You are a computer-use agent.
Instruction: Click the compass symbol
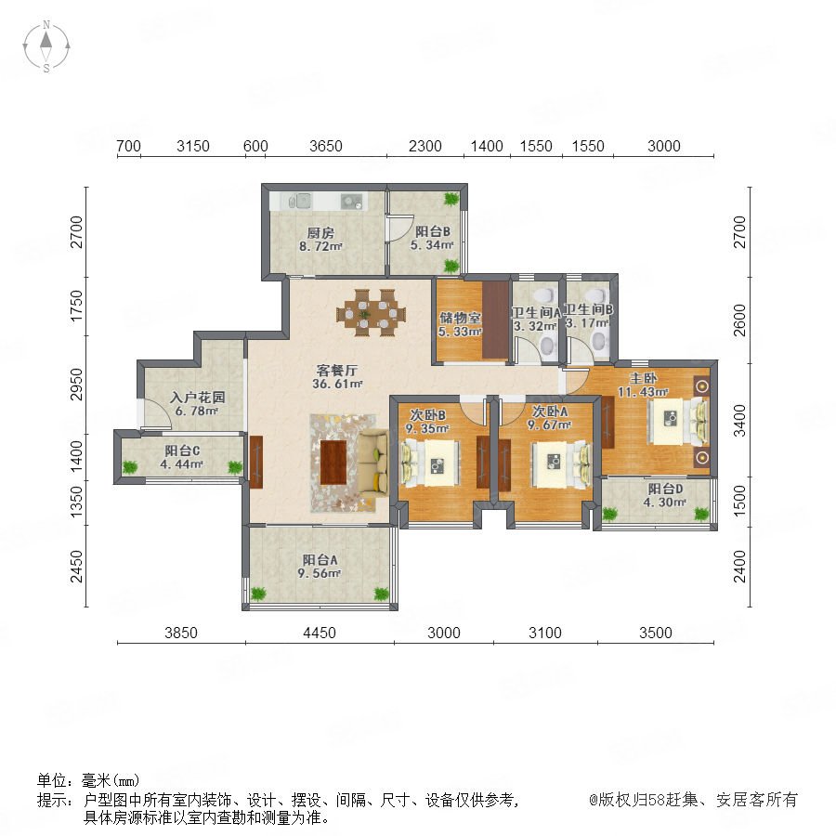[x=46, y=46]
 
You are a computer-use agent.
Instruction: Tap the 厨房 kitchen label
[x=320, y=233]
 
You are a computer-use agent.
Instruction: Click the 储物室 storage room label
[x=460, y=318]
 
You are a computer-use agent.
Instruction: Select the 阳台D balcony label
[x=665, y=489]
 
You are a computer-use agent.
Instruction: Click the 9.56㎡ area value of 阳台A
[x=319, y=574]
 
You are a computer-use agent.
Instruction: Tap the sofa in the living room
[x=372, y=463]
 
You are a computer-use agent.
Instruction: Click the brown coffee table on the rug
[x=333, y=463]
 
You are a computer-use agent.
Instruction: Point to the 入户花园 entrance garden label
[x=198, y=398]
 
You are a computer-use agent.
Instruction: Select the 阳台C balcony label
[x=182, y=451]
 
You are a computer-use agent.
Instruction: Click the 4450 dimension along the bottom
[x=320, y=633]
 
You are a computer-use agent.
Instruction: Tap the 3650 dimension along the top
[x=326, y=146]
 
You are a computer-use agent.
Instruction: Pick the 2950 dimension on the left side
[x=77, y=384]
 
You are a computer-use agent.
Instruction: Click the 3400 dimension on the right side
[x=739, y=421]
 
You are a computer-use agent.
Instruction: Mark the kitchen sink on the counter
[x=297, y=201]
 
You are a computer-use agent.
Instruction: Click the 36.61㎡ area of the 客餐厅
[x=337, y=384]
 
